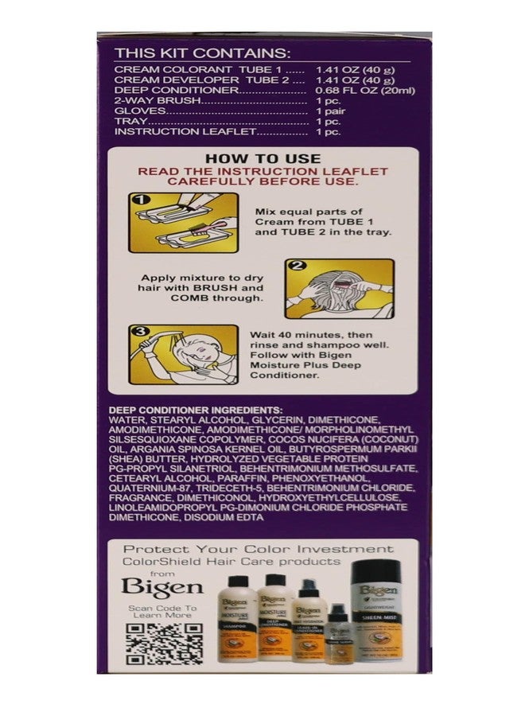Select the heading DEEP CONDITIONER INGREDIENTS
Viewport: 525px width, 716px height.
(x=195, y=409)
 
